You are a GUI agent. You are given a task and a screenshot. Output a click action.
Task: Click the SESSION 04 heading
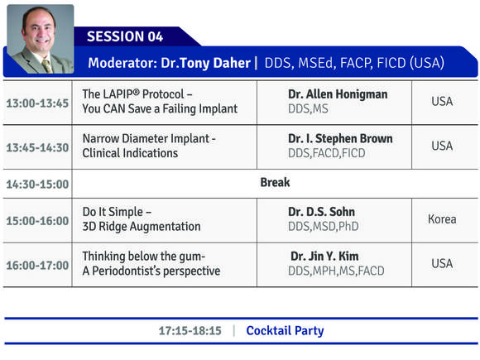click(125, 36)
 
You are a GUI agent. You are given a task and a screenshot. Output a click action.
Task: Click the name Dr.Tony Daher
click(206, 63)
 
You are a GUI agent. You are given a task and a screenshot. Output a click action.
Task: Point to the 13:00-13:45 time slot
click(37, 103)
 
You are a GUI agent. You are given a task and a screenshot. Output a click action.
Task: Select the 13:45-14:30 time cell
click(37, 147)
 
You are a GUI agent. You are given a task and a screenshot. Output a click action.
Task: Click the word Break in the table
click(275, 182)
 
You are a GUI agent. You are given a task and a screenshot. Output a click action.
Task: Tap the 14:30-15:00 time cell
click(37, 185)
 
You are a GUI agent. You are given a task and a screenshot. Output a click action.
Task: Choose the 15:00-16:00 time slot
click(37, 221)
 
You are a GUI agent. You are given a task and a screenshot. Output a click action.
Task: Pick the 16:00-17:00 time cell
click(37, 265)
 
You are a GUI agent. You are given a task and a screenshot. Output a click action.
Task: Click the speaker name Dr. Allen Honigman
click(338, 94)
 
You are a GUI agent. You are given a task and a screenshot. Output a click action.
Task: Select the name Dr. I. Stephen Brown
click(340, 139)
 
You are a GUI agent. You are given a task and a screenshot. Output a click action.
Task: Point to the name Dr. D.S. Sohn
click(321, 212)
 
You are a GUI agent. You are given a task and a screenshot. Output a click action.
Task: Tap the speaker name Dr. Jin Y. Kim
click(324, 257)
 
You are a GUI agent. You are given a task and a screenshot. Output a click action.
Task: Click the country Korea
click(442, 219)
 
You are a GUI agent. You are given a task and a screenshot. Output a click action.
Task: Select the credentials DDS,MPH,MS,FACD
click(336, 271)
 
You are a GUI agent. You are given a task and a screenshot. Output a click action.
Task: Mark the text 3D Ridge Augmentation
click(142, 227)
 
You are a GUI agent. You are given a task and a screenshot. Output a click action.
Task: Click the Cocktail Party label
click(285, 331)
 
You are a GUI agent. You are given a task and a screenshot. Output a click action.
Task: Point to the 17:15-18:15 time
click(190, 331)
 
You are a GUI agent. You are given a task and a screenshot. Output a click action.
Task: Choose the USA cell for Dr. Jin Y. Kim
click(442, 263)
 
